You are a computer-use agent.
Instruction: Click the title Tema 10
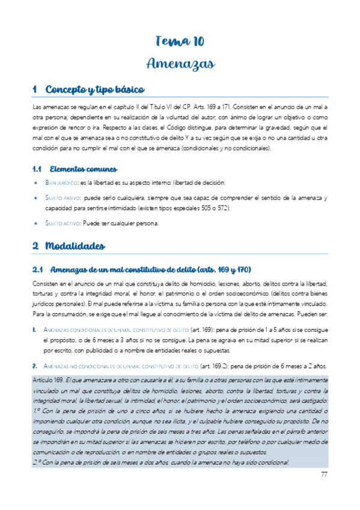[180, 41]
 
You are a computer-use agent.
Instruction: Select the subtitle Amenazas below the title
[180, 63]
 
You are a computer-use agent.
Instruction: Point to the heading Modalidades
[75, 245]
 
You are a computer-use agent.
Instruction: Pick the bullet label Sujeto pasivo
[63, 197]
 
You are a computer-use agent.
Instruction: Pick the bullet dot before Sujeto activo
[37, 224]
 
